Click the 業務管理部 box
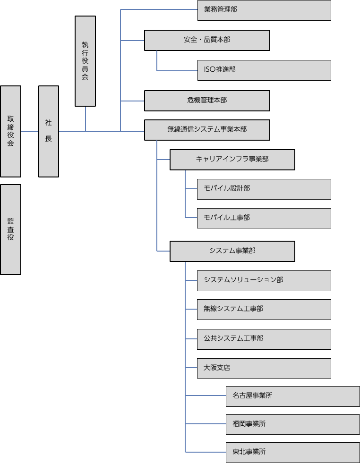coord(264,10)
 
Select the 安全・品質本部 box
coord(207,40)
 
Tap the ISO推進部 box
coord(264,70)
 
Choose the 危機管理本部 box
coord(207,101)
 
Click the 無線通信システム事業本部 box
coord(207,130)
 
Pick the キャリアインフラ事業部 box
coord(232,160)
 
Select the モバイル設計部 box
coord(264,189)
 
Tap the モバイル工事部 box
coord(264,218)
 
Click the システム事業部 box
coord(232,251)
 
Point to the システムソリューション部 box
coord(264,280)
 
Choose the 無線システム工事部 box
coord(264,309)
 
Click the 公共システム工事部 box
coord(264,339)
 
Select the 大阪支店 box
coord(264,368)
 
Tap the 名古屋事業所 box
coord(293,396)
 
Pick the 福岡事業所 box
coord(293,424)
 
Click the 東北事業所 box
coord(293,452)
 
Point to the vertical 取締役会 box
coord(11,131)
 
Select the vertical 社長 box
coord(49,131)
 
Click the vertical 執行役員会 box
coord(85,61)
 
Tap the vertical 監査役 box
coord(11,229)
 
